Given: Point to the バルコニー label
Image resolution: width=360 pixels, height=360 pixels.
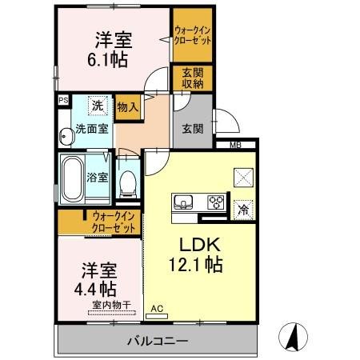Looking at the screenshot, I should click(157, 342).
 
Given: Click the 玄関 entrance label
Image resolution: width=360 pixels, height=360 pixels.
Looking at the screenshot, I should click(191, 129).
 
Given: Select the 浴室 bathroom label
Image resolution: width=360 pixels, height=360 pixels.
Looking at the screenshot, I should click(98, 178).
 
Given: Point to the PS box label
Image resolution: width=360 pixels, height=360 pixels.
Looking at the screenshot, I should click(62, 102).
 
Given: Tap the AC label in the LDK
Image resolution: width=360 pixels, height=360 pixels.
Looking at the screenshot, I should click(157, 307).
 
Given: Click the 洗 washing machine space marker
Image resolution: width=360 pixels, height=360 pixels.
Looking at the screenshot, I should click(96, 106).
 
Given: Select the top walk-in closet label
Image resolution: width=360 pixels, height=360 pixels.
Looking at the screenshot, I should click(193, 35).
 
